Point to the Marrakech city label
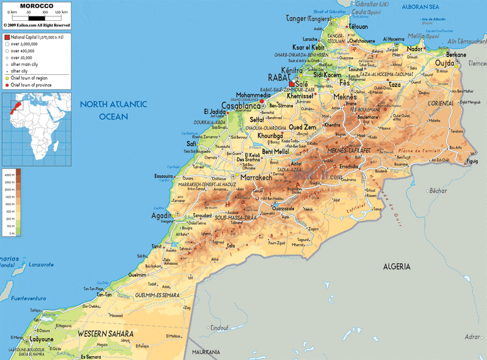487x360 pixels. coord(256,178)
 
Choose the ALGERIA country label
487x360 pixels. coord(396,267)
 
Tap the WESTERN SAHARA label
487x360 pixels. coord(105,334)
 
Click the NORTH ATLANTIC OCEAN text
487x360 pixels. coord(113,110)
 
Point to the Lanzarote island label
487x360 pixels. coord(38,265)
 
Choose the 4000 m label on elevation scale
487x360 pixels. coord(9,172)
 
